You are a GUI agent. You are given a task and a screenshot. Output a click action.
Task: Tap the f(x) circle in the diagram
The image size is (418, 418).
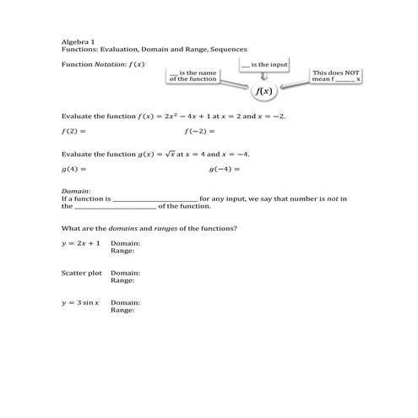coord(264,90)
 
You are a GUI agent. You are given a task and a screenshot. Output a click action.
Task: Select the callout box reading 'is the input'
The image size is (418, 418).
coord(264,64)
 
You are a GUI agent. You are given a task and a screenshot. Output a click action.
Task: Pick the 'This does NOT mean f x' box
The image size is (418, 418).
coord(336,76)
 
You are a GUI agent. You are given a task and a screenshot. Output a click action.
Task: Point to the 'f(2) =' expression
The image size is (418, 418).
coord(74,132)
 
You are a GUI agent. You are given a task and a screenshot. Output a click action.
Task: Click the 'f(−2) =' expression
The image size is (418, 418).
coord(200,132)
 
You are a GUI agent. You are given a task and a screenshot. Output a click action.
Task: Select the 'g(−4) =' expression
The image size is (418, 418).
coord(224,169)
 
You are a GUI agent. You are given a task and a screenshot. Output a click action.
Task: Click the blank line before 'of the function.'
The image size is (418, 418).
coord(115,207)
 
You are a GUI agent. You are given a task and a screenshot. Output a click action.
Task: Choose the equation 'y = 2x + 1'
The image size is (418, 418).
coord(81,243)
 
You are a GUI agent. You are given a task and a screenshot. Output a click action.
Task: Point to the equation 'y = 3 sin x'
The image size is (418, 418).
coord(81,302)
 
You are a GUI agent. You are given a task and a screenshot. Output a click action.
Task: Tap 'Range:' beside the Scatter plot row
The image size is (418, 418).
coord(122,280)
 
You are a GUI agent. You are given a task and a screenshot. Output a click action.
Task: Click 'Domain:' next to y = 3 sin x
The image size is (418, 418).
coord(125,302)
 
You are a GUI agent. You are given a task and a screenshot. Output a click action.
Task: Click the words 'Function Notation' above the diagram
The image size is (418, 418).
coord(91,64)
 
